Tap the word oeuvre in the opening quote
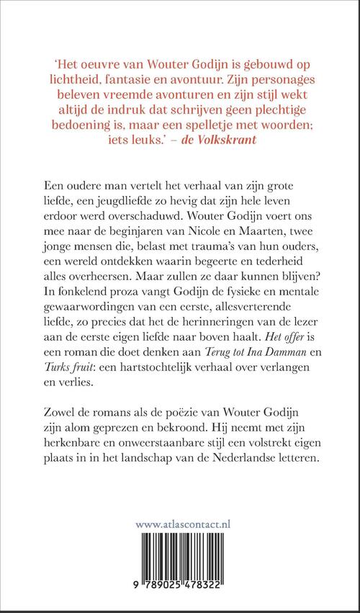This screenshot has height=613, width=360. [86, 63]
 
